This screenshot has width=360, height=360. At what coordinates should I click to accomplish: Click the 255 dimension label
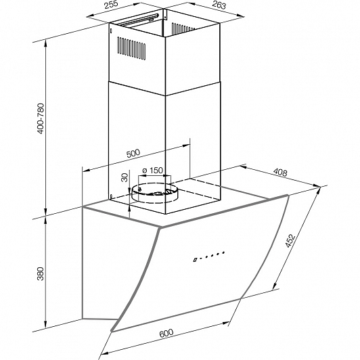click(111, 5)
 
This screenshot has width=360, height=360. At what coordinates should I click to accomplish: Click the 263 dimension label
click(219, 5)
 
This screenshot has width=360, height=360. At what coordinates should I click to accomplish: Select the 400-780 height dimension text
click(41, 118)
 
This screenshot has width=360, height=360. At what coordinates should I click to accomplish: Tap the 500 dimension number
click(133, 154)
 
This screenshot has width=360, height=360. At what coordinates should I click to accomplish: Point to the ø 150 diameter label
click(152, 171)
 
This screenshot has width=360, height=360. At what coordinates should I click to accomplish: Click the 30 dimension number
click(125, 177)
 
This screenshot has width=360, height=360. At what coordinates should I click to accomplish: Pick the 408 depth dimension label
click(280, 172)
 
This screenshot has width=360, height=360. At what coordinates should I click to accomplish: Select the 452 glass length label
click(290, 241)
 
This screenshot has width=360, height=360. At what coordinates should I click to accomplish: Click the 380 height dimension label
click(41, 273)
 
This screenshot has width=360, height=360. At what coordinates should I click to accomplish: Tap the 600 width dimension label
click(166, 333)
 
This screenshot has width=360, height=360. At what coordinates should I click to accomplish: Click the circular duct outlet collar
click(154, 199)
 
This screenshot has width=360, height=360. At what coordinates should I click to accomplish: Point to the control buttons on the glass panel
click(208, 256)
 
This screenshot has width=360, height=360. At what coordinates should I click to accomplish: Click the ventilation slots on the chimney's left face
click(131, 49)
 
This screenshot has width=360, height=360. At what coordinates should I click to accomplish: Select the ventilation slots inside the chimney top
click(183, 28)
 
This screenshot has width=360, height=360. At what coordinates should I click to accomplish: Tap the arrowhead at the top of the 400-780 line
click(46, 43)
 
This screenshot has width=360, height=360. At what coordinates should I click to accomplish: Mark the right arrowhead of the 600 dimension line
click(226, 323)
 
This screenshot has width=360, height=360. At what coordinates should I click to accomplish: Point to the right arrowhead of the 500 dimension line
click(187, 145)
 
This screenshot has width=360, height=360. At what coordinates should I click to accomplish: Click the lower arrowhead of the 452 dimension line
click(274, 286)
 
